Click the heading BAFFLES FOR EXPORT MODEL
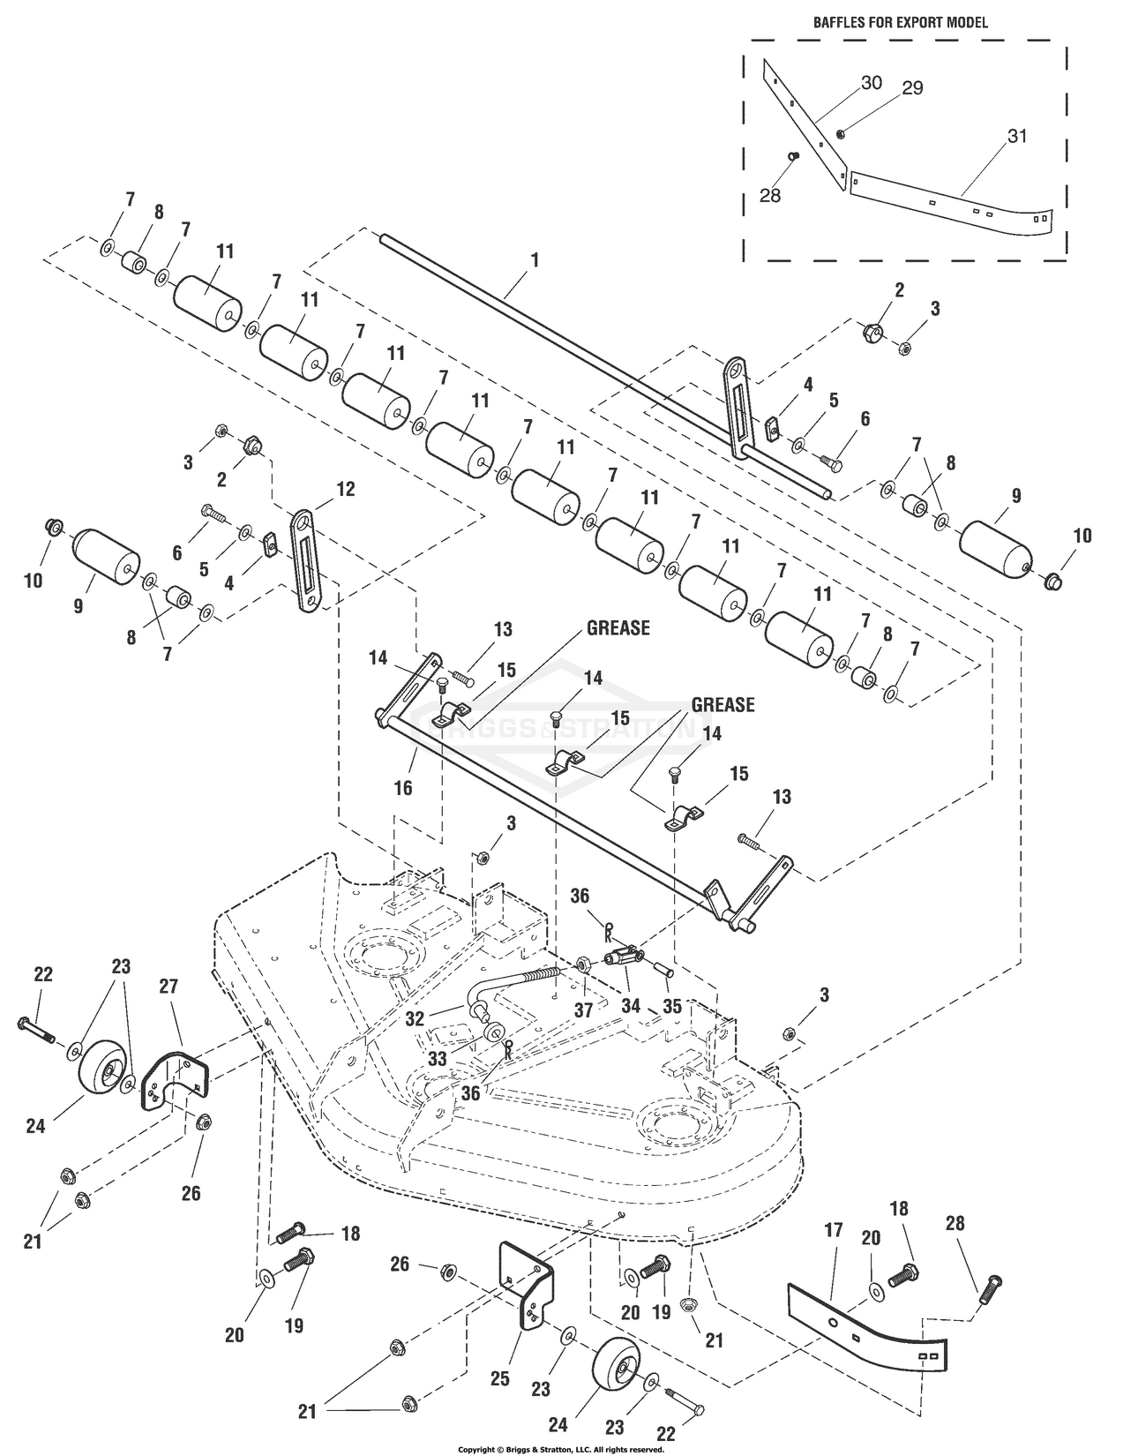coord(900,23)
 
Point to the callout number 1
coord(535,261)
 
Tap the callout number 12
coord(345,488)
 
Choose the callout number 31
coord(1016,137)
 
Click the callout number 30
coord(871,82)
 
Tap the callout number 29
coord(912,87)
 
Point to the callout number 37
coord(582,1010)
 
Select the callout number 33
coord(438,1060)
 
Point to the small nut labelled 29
coord(841,133)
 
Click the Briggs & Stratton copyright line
coord(560,1449)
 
